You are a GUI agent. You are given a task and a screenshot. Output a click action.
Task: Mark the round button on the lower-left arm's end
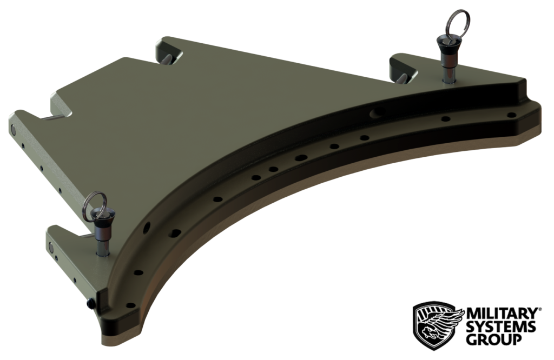(x=52, y=248)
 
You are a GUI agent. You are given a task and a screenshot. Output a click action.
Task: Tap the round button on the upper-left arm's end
(x=13, y=129)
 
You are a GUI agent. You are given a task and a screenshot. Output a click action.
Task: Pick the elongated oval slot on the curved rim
(x=301, y=158)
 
